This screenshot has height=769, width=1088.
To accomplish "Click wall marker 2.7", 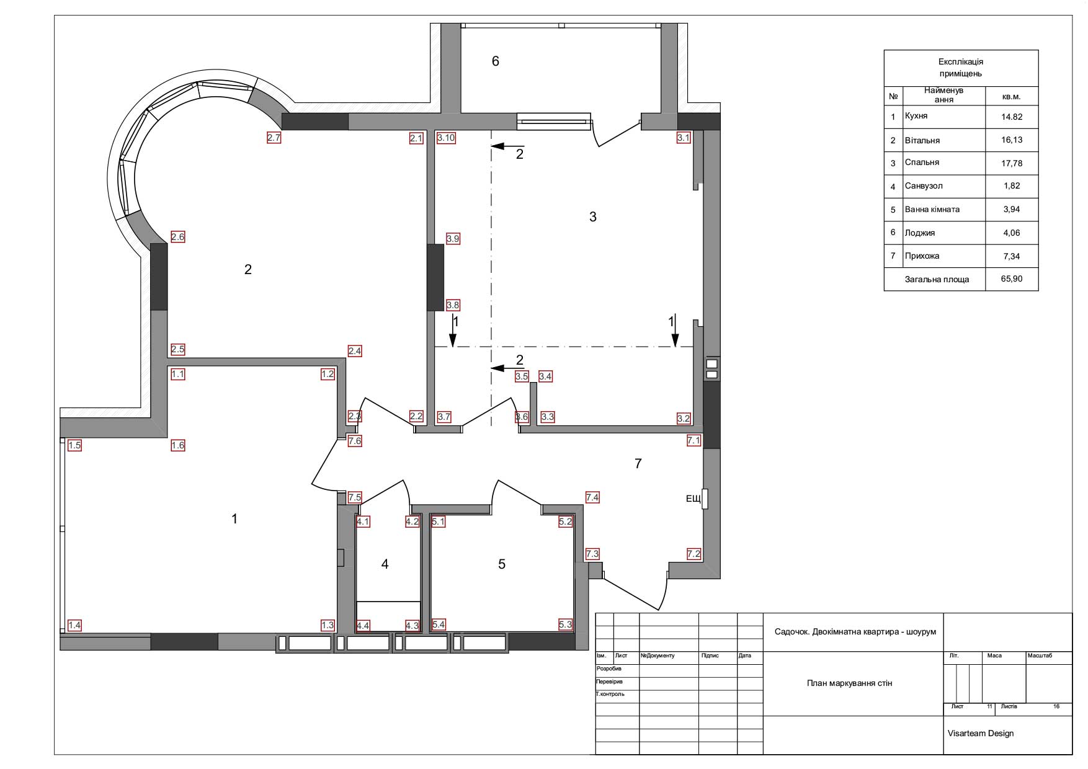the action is [274, 138].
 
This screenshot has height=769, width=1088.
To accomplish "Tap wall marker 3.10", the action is [446, 138].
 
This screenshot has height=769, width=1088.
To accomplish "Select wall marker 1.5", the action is [74, 445].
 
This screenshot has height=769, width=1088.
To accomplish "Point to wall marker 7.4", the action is [592, 497].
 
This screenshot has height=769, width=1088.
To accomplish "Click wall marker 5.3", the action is [565, 625].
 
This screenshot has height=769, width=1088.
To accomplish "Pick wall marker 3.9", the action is [453, 239].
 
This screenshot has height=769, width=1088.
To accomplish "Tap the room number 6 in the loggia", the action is [495, 61].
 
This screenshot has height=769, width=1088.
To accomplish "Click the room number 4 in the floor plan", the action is [385, 564].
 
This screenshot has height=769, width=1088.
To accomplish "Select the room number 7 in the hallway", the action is [638, 463].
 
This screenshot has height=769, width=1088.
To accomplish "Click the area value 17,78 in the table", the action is [1012, 163].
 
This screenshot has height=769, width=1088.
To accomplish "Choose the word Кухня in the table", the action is [916, 116].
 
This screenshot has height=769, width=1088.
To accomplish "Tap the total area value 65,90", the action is [1012, 279].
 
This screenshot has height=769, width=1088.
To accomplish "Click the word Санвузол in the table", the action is [924, 186].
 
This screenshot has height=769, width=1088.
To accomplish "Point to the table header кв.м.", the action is [1011, 97].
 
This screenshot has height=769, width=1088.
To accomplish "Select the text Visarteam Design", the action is [981, 733].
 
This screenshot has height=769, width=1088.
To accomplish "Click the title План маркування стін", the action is [849, 683].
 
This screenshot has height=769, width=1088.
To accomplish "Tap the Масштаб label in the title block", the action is [1040, 656].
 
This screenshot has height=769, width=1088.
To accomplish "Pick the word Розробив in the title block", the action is [609, 669].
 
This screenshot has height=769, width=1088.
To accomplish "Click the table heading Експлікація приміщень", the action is [961, 68].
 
